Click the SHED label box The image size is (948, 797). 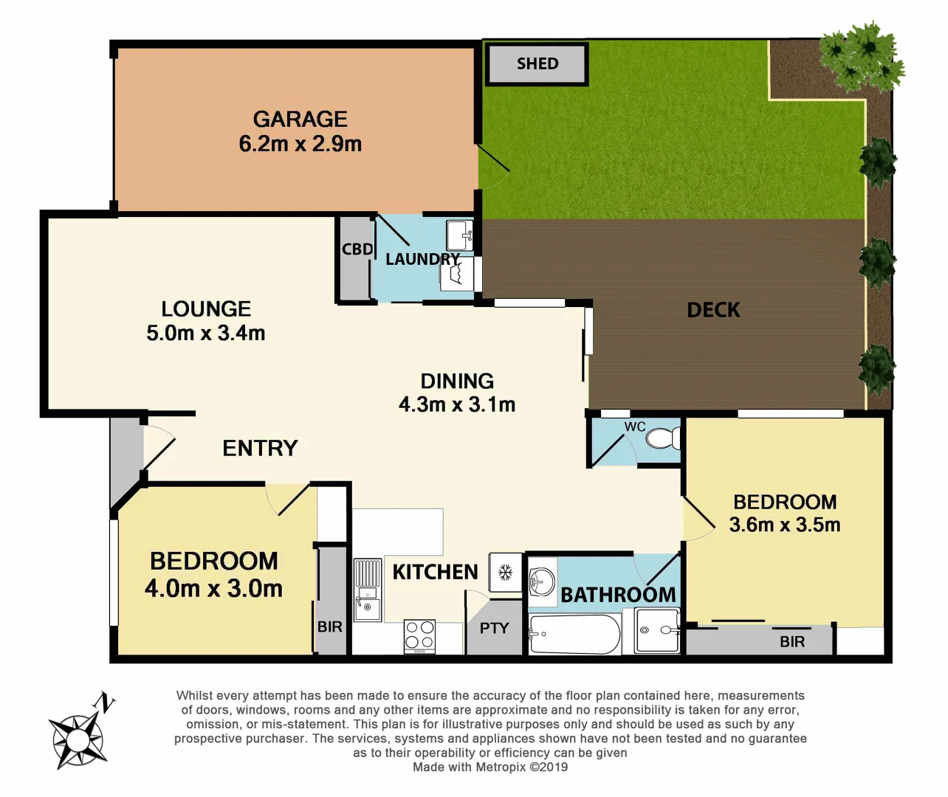point(537,64)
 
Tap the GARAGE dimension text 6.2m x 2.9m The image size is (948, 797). point(300,144)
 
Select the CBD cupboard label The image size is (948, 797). point(357,249)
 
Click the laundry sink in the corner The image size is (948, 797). point(459,235)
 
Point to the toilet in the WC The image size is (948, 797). point(662,439)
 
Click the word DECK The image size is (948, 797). point(713,310)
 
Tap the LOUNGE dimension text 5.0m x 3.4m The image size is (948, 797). point(205,334)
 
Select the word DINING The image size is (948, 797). point(457,381)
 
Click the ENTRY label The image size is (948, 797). point(260,448)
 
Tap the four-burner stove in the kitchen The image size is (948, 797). point(419,636)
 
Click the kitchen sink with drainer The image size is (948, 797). point(368,590)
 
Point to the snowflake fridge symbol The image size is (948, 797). point(506,572)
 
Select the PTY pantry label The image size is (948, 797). point(494,628)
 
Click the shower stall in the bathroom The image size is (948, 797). point(658,631)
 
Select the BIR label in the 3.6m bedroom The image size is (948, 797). point(792,642)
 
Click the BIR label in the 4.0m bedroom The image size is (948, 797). point(330,627)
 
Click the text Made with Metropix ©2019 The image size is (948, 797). point(490,767)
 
